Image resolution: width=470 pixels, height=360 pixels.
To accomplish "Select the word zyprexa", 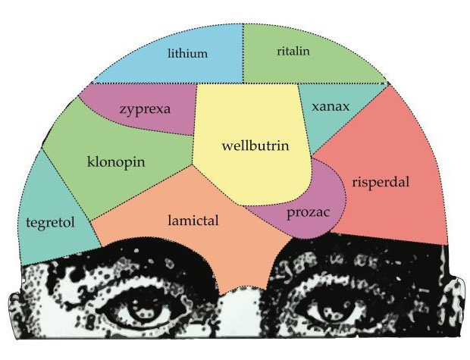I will (x=145, y=108).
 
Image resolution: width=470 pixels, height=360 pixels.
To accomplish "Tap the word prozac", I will (x=307, y=211).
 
